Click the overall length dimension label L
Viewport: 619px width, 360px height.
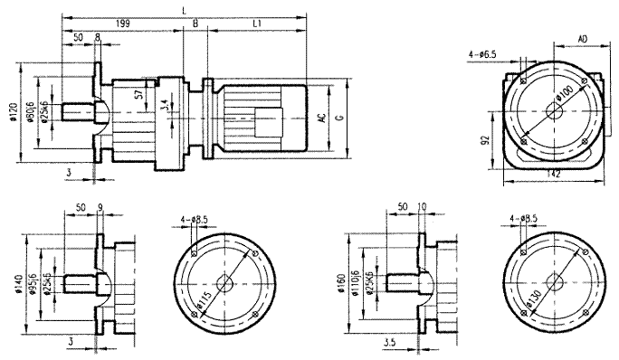pos(185,8)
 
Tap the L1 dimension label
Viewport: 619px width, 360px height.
pos(257,22)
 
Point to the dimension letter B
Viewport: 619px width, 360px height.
pos(195,22)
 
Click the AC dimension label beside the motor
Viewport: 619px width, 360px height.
pos(322,118)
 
